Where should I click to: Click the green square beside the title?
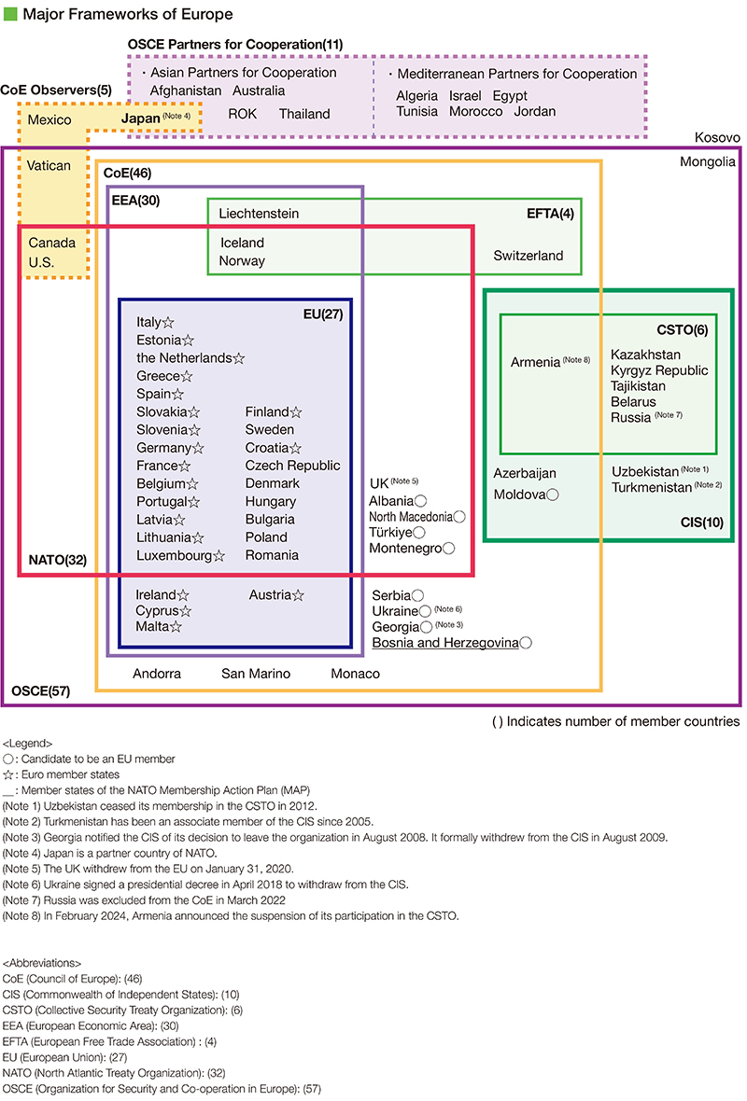tap(9, 14)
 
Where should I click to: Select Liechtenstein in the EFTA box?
tap(259, 214)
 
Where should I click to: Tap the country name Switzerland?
tap(529, 256)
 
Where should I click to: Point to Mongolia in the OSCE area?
tap(708, 162)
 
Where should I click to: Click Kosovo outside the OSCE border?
tap(717, 137)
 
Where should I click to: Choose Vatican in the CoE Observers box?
tap(49, 165)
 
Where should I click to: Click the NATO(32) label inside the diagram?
tap(57, 561)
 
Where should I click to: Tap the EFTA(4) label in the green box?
tap(551, 214)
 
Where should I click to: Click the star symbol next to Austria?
tap(298, 595)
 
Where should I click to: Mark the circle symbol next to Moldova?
tap(553, 495)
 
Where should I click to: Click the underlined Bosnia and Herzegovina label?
tap(445, 643)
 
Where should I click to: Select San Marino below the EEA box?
tap(256, 674)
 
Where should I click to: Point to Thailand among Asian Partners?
tap(304, 114)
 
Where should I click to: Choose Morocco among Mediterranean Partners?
tap(475, 111)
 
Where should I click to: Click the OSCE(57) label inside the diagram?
tap(40, 691)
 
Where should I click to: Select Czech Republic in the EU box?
tap(292, 466)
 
